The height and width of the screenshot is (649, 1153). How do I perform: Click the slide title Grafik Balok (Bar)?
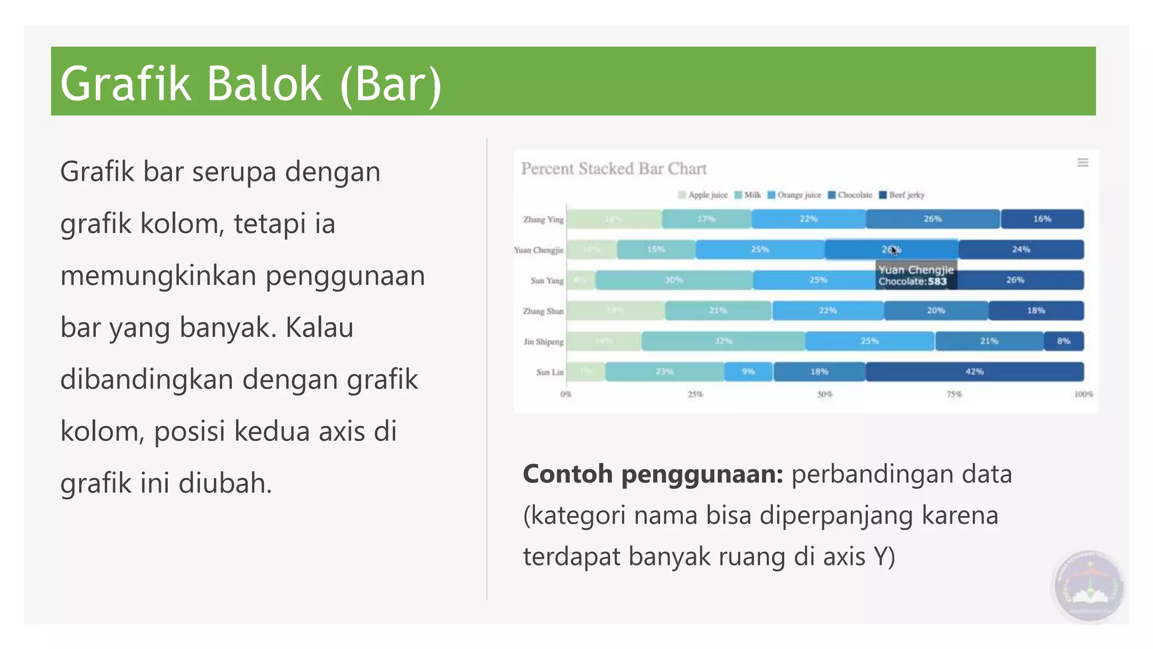251,83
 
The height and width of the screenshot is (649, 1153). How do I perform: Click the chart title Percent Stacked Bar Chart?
614,168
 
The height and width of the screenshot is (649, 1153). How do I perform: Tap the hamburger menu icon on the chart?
1083,163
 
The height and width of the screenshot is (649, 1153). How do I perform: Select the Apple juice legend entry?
703,195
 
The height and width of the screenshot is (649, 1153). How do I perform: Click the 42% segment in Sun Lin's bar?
975,372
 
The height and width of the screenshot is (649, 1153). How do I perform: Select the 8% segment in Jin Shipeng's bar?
1063,341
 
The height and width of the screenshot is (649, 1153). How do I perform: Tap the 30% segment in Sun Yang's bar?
674,280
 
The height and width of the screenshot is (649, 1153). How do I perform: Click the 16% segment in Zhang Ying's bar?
1042,219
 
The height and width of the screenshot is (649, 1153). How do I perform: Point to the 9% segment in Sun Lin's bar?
748,372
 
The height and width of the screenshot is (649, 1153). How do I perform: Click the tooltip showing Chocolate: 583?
916,275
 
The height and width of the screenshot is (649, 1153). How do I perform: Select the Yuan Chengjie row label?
538,250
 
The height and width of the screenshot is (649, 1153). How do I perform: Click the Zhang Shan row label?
543,311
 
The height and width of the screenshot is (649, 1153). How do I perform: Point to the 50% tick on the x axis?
825,394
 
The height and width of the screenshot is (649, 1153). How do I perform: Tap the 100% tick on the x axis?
1083,394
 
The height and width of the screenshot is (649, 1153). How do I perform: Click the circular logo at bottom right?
1089,586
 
